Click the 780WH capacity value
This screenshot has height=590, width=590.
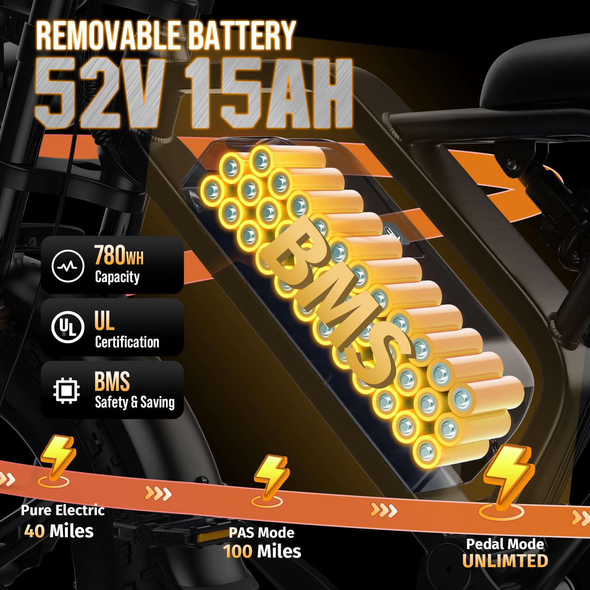(x=119, y=255)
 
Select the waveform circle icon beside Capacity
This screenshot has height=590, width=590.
(x=68, y=265)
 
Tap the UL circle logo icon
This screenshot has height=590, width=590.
(x=67, y=327)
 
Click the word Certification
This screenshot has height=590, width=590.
(x=127, y=342)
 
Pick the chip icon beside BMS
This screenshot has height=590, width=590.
(x=67, y=391)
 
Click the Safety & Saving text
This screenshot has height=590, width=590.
(x=135, y=402)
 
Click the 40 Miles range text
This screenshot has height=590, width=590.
(x=59, y=531)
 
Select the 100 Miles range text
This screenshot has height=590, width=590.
(x=262, y=552)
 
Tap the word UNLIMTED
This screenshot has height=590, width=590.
(x=505, y=561)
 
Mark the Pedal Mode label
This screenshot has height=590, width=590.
(x=505, y=544)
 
